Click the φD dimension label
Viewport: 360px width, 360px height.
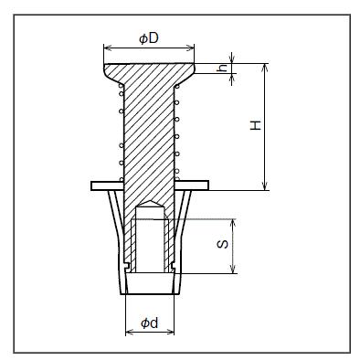tap(149, 38)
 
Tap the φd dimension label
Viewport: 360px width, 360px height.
tap(150, 323)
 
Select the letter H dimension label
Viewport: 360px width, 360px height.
tap(256, 125)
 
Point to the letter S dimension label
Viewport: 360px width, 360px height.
tap(223, 244)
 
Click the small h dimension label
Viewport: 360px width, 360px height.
tap(223, 69)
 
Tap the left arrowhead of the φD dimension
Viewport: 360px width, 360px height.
tap(108, 48)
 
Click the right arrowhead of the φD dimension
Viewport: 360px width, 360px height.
tap(190, 48)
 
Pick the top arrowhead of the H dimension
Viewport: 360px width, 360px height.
tap(265, 68)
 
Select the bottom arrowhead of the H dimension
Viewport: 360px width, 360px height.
tap(265, 186)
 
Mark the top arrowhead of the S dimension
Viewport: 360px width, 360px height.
tap(233, 223)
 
